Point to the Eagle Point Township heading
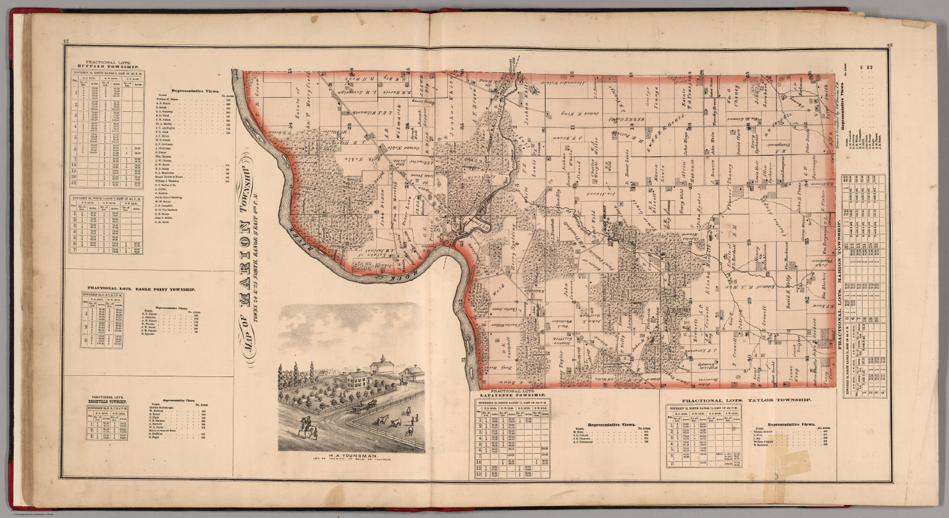click(x=141, y=289)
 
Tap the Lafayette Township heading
click(x=510, y=394)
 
